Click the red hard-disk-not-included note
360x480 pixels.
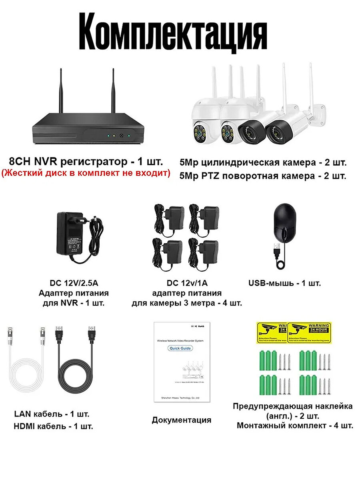pyautogui.click(x=85, y=173)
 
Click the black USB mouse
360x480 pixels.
pyautogui.click(x=285, y=222)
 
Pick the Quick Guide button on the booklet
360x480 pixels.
pyautogui.click(x=180, y=348)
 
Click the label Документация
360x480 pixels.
pyautogui.click(x=181, y=420)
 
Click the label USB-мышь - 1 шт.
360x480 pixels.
pyautogui.click(x=284, y=284)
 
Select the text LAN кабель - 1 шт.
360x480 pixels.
pyautogui.click(x=52, y=413)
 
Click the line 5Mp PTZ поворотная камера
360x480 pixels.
pyautogui.click(x=263, y=176)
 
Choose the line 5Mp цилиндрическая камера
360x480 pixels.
pyautogui.click(x=263, y=163)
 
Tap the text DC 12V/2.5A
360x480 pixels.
pyautogui.click(x=73, y=284)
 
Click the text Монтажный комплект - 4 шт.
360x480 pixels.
pyautogui.click(x=295, y=425)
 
